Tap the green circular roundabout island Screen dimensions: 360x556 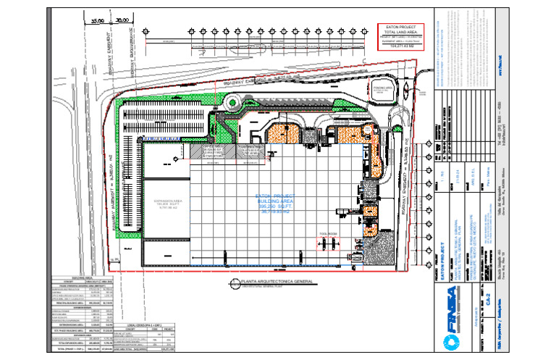pyautogui.click(x=233, y=103)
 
